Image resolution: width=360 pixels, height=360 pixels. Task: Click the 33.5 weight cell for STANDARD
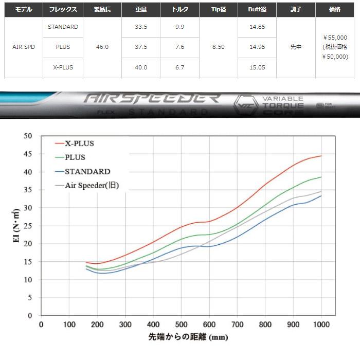(x=141, y=27)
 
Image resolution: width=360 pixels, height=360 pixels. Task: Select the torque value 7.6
(x=180, y=47)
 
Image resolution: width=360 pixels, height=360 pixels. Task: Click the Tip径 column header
(x=218, y=10)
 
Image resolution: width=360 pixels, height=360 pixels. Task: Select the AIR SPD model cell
(x=24, y=47)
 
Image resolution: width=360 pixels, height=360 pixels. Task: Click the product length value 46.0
(x=102, y=47)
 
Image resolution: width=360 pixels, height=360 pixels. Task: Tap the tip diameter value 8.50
(x=218, y=47)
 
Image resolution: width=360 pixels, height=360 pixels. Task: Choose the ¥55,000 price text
(x=335, y=38)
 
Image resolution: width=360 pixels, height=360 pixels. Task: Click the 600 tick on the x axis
(x=209, y=324)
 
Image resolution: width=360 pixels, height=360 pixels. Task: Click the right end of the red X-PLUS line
(x=321, y=156)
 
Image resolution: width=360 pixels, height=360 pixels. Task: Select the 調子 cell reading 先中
(x=296, y=47)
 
